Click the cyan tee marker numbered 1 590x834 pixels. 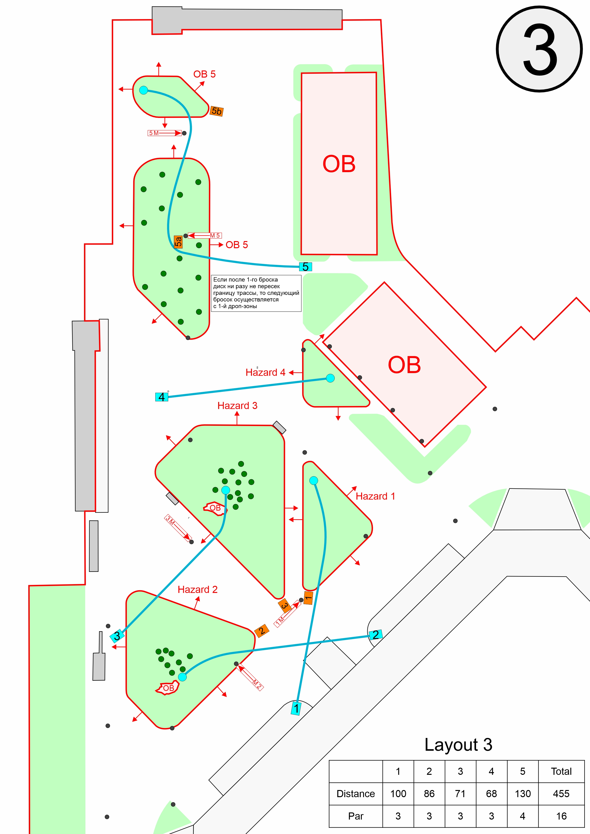tap(296, 708)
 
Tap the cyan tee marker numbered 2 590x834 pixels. tap(375, 635)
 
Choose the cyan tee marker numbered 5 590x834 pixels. tap(305, 267)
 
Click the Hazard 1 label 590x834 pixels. tap(375, 496)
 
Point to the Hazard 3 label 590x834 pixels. tap(237, 405)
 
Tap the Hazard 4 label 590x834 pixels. tap(265, 372)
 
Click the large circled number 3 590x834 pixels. tap(540, 49)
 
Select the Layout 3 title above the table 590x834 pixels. tap(458, 745)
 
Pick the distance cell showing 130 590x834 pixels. tap(522, 794)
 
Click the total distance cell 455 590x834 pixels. tap(561, 794)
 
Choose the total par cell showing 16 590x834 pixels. tap(561, 816)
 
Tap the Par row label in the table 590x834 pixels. tap(355, 816)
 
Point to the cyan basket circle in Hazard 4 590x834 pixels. tap(330, 378)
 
